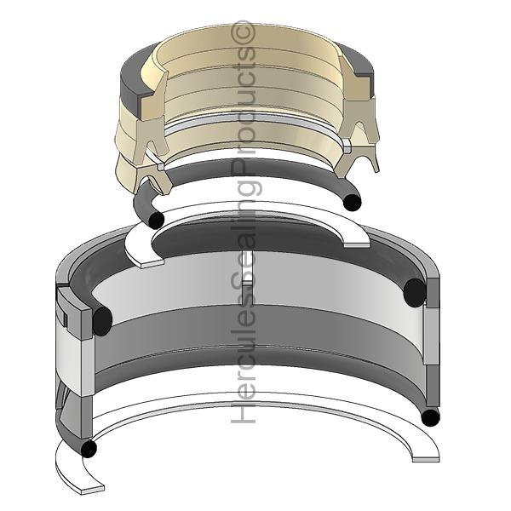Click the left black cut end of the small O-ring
(x=156, y=221)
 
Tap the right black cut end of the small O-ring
(x=353, y=203)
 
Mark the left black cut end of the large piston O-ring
(x=102, y=321)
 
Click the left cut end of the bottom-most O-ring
(x=89, y=449)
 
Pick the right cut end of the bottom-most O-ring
(x=430, y=417)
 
